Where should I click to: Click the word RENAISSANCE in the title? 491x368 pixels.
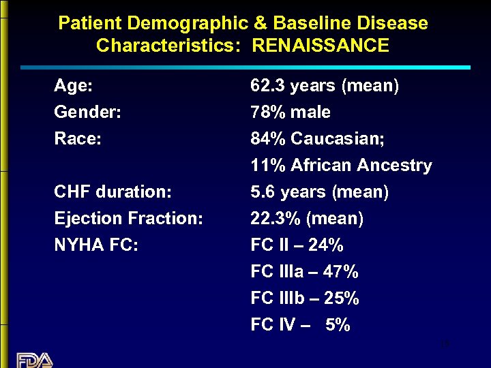point(321,46)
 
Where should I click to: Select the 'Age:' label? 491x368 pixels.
point(74,86)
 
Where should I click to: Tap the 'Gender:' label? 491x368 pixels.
point(87,112)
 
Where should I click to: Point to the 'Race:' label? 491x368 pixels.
point(78,139)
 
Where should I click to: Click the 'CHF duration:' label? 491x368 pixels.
point(113,192)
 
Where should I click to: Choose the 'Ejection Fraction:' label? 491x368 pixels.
point(128,219)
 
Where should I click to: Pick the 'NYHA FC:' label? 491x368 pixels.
point(96,245)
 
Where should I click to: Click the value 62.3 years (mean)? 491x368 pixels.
point(325,86)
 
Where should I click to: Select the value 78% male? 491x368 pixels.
point(291,112)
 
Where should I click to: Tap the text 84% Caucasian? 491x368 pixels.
point(318,139)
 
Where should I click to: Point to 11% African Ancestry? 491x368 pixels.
point(341,166)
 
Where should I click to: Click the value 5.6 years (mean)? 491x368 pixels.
point(320,192)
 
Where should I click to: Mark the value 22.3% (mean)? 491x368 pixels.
point(307,219)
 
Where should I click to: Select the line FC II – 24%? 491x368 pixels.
point(297,245)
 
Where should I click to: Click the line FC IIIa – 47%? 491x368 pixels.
point(304,272)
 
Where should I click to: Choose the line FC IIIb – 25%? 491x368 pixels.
point(305,298)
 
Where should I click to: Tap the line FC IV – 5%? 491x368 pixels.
point(300,325)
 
